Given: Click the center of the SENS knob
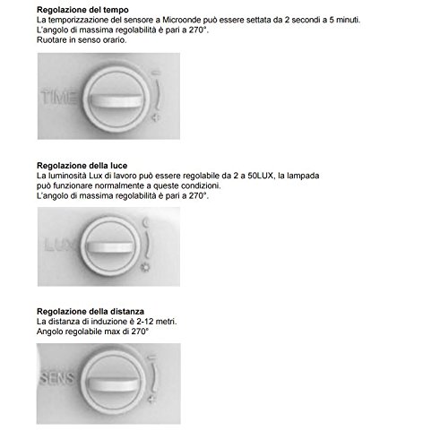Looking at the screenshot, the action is pos(108,387).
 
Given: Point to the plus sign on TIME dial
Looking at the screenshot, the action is pos(158,118).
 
